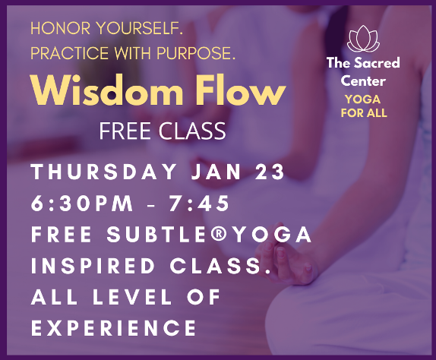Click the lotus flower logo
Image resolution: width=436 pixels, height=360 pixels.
click(363, 39)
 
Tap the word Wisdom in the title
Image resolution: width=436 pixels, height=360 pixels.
click(106, 90)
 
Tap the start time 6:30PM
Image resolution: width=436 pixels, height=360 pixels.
click(82, 204)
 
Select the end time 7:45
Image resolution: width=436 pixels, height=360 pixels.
click(199, 204)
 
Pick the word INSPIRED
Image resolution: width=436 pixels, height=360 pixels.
click(93, 266)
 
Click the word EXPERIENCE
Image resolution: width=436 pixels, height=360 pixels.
click(114, 328)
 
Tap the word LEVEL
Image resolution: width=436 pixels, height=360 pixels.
click(132, 297)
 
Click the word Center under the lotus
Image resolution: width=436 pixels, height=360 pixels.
click(363, 81)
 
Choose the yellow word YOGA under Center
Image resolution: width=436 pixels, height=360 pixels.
click(363, 99)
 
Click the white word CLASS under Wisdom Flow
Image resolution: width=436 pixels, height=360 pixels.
click(192, 131)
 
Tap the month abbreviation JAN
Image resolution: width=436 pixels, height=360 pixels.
click(216, 172)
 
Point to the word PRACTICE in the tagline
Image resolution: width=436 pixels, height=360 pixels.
click(70, 53)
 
